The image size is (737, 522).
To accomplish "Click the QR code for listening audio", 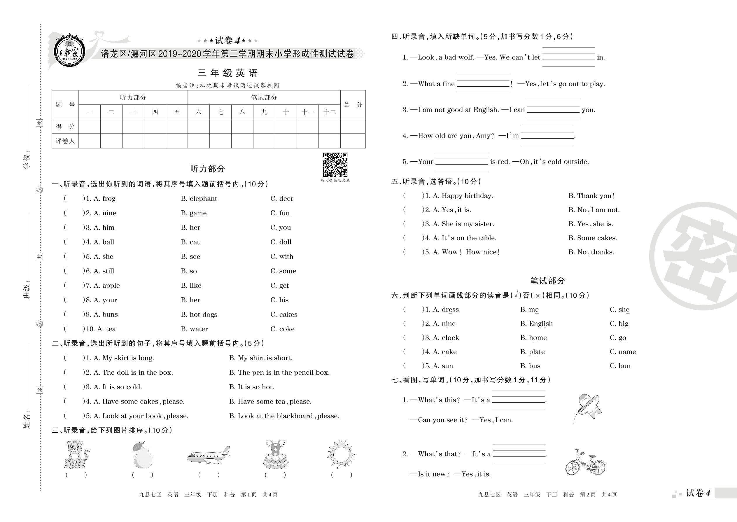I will click(335, 165).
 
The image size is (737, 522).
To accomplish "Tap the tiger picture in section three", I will click(76, 454).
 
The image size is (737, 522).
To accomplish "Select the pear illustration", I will click(142, 455).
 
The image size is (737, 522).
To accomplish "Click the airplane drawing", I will click(209, 455).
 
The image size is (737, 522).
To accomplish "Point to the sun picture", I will click(341, 454).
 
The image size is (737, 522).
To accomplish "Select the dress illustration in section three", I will click(275, 454).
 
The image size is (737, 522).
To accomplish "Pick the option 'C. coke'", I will click(282, 329).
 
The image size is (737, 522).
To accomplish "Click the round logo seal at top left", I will click(69, 51).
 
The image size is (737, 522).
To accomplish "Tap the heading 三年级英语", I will click(227, 73).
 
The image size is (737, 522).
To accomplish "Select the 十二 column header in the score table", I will click(329, 112).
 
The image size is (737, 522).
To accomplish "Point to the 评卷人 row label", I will click(65, 141).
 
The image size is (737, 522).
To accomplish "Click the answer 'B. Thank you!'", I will click(591, 196).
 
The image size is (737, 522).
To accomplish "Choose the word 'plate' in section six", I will click(537, 352).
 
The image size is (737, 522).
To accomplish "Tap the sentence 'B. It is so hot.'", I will click(252, 387).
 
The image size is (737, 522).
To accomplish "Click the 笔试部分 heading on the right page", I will click(547, 281).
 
